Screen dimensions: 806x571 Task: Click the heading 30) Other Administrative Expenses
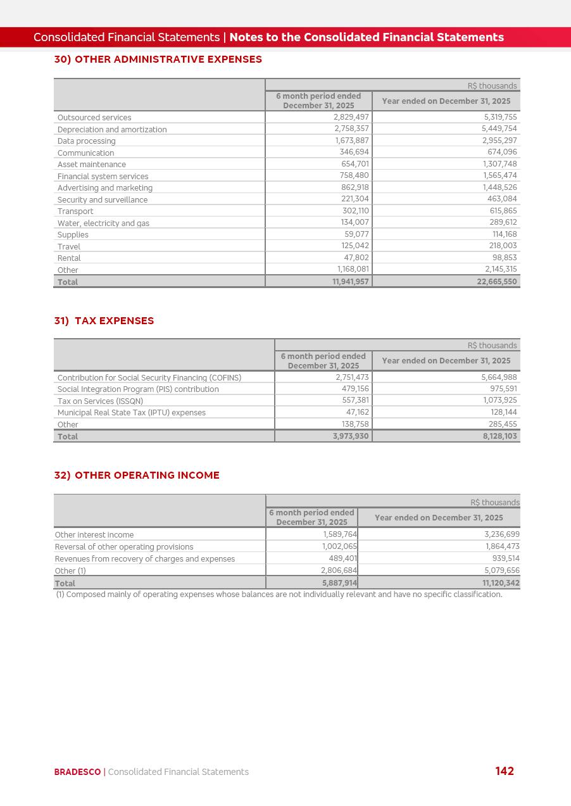(158, 60)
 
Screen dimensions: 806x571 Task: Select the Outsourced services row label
(94, 118)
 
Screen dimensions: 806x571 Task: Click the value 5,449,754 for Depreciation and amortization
(499, 129)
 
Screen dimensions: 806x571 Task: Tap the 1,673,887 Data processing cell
(351, 141)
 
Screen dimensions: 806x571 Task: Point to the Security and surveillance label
(103, 200)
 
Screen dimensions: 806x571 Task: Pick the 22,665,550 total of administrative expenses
(496, 282)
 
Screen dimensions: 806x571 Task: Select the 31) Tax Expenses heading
(104, 321)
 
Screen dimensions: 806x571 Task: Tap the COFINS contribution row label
(149, 378)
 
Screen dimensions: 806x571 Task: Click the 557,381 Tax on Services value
(355, 401)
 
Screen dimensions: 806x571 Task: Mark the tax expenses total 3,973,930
(351, 436)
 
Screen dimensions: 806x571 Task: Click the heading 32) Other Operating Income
(137, 475)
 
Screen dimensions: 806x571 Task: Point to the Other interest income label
(94, 535)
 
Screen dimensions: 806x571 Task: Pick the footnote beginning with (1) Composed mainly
(279, 595)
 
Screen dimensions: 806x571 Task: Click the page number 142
(505, 771)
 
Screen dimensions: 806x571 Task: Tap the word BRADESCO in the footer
(77, 772)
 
